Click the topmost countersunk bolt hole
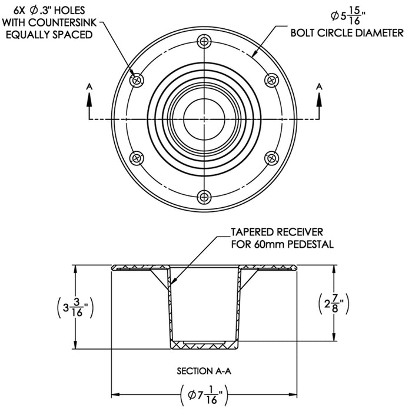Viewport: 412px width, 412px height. point(204,41)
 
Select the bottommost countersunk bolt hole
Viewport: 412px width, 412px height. point(204,197)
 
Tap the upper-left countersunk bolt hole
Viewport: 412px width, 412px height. point(137,80)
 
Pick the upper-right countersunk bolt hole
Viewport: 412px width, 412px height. point(271,80)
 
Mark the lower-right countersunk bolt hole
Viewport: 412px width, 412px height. point(271,157)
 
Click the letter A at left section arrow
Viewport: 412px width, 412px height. point(89,87)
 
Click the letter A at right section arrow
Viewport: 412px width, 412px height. point(320,87)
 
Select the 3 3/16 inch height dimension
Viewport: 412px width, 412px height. point(75,308)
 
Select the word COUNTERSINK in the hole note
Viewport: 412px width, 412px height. point(65,22)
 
